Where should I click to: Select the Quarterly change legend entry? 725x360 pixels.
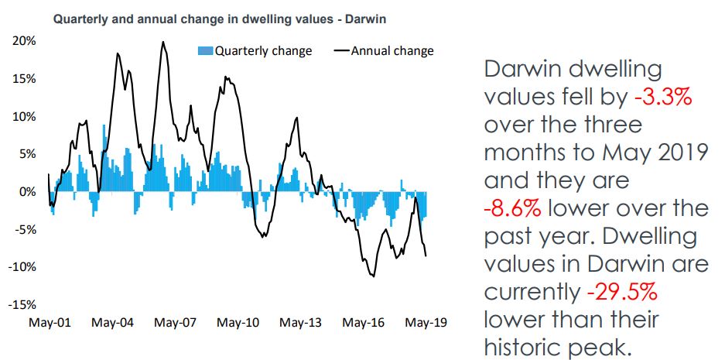click(255, 51)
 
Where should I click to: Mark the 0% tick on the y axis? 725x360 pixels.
click(29, 192)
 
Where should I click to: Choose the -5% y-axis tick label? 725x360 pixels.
click(27, 230)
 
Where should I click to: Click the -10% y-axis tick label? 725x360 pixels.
click(24, 267)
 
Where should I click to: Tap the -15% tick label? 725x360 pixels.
click(24, 305)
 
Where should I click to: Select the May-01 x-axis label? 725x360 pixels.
click(50, 322)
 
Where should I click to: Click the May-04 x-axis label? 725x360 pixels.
click(112, 322)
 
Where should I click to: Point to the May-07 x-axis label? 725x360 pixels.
click(175, 322)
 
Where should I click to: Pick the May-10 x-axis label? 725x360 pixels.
click(238, 322)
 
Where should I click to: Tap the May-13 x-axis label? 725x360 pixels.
click(300, 322)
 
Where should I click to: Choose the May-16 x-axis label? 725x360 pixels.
click(363, 322)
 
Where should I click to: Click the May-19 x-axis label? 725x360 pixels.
click(426, 322)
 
